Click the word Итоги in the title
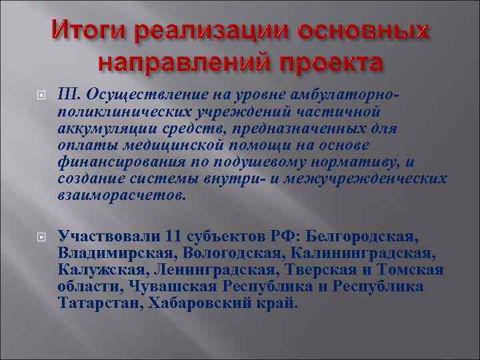(89, 31)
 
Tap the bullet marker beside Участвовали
(39, 237)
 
